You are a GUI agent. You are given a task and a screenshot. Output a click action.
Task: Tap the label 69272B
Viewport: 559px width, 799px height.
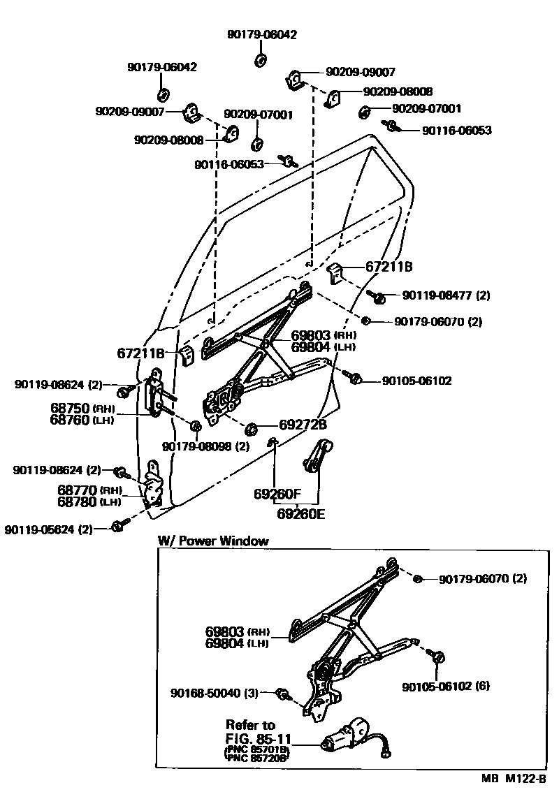coord(303,424)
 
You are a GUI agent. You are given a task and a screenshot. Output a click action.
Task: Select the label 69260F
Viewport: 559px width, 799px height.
coord(277,494)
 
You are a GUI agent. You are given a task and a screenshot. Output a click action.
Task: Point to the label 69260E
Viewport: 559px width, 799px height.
coord(300,515)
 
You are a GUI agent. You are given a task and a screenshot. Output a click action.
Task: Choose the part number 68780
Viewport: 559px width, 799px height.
coord(78,501)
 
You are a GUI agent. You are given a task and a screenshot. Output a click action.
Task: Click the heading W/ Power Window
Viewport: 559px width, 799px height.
coord(213,541)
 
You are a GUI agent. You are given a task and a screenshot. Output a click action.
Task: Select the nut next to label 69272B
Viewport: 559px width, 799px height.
coord(253,427)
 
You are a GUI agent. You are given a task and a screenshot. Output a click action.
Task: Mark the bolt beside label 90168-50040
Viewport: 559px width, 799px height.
coord(284,693)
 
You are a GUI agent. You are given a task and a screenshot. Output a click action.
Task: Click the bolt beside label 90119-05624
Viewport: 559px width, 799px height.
coord(119,525)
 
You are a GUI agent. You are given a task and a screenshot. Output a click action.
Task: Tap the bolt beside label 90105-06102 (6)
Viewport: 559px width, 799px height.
coord(438,657)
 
